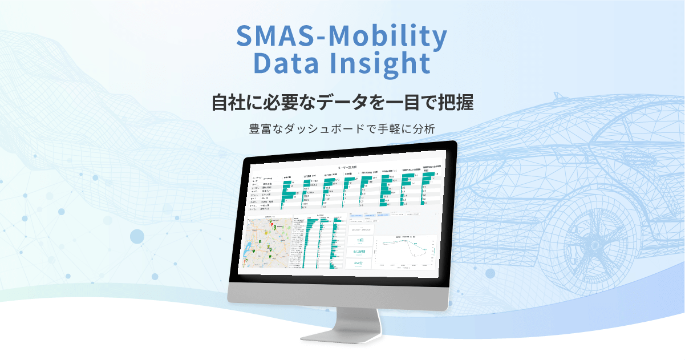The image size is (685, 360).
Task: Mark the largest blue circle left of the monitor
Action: [137, 236]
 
